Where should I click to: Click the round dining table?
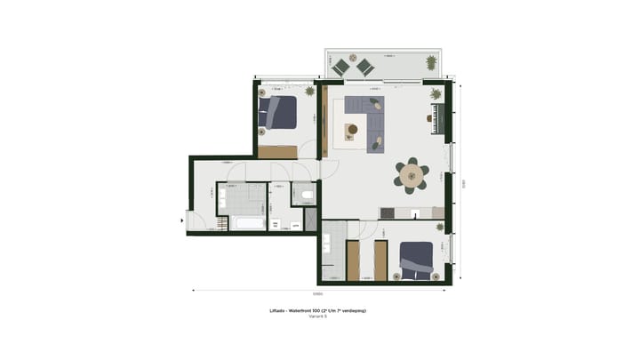[x=412, y=176]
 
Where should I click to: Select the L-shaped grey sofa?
[x=367, y=117]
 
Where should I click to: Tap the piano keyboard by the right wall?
[x=436, y=117]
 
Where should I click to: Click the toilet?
[x=306, y=193]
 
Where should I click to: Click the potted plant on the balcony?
[x=431, y=62]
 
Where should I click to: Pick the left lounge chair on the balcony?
[x=340, y=66]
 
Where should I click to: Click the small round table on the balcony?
[x=352, y=61]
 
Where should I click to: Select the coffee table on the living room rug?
[x=352, y=130]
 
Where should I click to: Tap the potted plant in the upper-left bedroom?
[x=309, y=92]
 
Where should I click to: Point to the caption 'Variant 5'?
[x=317, y=316]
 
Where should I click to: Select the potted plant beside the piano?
[x=436, y=93]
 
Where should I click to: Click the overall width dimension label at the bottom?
[x=317, y=292]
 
